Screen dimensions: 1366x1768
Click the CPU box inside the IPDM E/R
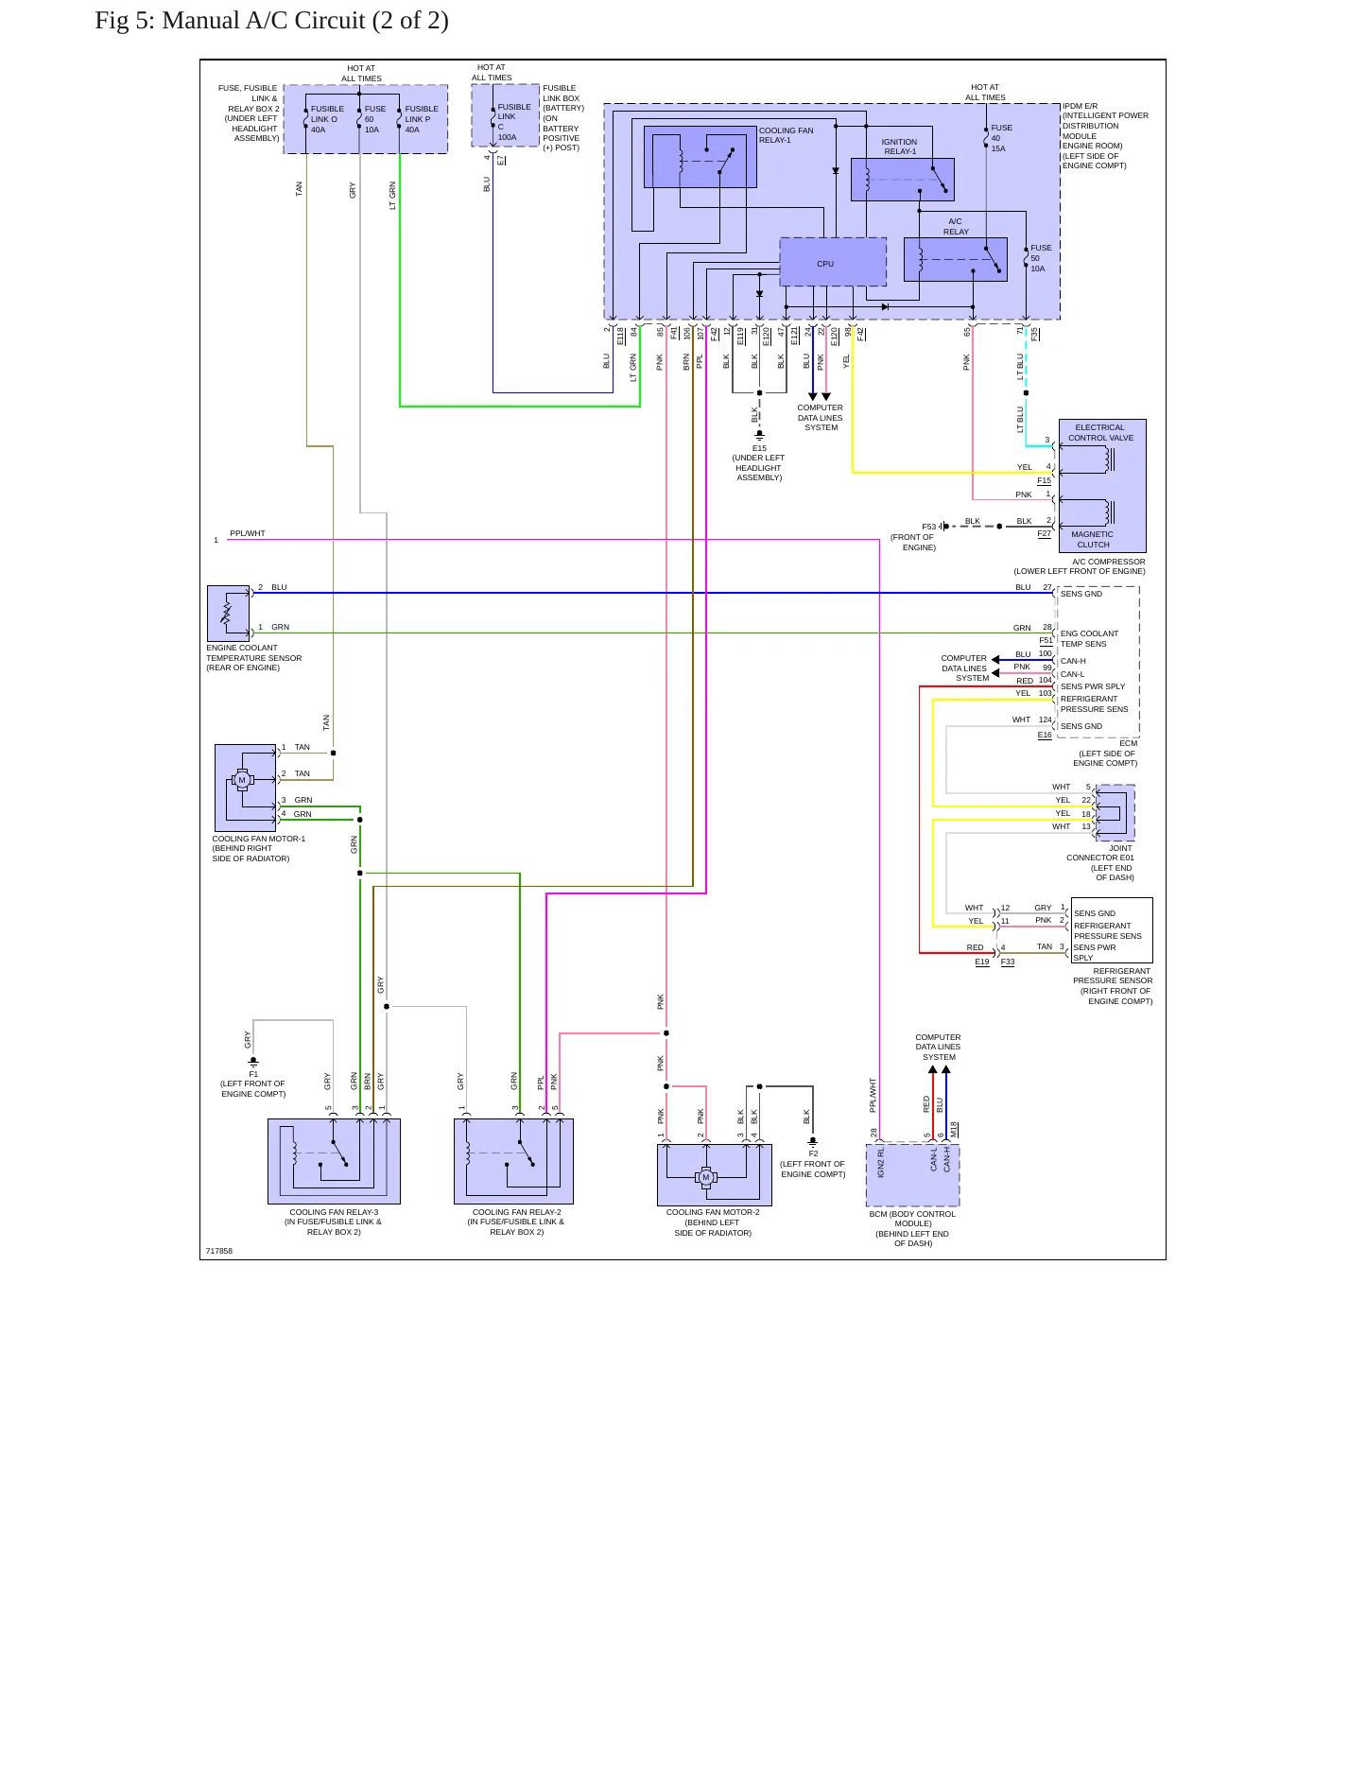833,262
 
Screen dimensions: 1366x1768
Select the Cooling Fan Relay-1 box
700,156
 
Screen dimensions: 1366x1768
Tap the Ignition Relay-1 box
903,180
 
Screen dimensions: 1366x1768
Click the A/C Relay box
956,259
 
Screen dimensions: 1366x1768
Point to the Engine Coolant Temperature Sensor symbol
228,614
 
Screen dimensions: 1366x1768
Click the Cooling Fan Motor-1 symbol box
246,788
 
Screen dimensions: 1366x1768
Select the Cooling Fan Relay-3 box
334,1161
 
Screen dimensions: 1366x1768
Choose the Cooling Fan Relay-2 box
513,1161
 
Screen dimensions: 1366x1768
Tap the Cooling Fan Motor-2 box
715,1175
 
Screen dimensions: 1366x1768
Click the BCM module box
913,1175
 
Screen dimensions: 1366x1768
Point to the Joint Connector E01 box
1115,812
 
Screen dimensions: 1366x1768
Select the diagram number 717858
219,1251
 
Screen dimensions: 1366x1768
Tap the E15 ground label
759,448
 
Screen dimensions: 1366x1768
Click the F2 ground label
813,1153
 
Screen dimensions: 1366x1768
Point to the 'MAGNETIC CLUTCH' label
1093,539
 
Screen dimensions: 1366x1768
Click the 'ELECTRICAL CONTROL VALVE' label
1100,432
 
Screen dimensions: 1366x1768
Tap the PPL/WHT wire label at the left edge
248,533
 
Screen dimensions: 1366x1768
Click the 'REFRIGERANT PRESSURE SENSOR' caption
1113,976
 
